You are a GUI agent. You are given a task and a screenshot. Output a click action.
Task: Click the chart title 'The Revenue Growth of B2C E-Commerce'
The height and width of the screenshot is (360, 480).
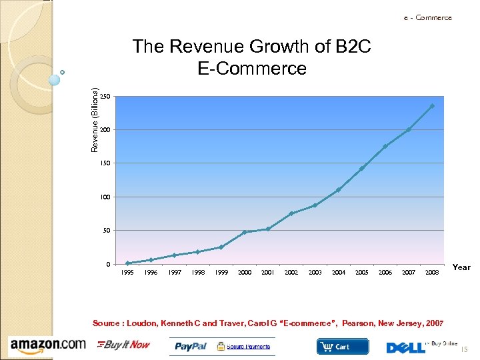coord(252,57)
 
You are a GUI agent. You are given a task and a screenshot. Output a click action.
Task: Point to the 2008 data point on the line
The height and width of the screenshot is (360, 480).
coord(432,106)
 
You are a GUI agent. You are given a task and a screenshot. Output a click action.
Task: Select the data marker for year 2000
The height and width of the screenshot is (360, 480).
coord(245,232)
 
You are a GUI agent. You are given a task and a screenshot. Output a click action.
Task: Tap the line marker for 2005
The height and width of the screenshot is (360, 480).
coord(361,169)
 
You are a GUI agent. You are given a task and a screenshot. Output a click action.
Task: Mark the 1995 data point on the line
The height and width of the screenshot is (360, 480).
coord(127,263)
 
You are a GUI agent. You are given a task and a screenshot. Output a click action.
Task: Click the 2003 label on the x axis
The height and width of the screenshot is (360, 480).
coord(315,273)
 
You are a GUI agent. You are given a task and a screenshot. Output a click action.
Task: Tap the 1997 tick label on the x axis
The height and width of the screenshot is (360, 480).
coord(175,273)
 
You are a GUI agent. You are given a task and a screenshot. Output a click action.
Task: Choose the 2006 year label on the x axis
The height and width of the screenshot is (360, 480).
coord(385,273)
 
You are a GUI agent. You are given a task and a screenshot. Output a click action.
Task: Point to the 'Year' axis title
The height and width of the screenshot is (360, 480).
coord(461,267)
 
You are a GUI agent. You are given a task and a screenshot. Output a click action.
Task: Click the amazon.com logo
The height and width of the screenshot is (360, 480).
coord(48,345)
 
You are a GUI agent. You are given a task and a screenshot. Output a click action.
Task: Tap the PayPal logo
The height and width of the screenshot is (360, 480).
coord(191,346)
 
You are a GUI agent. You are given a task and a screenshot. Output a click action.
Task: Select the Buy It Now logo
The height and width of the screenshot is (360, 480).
coord(124,345)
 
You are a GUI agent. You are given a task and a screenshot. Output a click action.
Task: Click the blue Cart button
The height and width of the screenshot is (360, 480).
coord(342,346)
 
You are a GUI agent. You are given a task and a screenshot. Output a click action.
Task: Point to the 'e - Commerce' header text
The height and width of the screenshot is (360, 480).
coord(427,18)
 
